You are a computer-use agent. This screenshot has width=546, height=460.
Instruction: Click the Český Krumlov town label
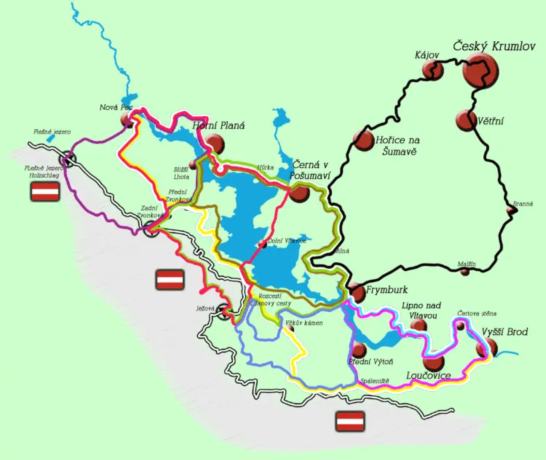click(x=494, y=46)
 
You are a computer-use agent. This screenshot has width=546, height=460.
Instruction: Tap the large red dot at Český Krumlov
click(x=480, y=71)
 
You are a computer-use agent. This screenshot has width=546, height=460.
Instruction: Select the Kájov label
click(x=427, y=55)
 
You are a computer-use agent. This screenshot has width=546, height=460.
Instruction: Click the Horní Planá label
click(x=219, y=125)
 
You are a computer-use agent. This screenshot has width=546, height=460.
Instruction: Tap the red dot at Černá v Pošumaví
click(x=299, y=193)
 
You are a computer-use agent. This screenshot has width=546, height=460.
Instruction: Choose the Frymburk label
click(x=386, y=290)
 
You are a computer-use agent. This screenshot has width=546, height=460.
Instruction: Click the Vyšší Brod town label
click(x=505, y=332)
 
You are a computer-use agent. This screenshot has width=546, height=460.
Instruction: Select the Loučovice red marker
click(x=433, y=362)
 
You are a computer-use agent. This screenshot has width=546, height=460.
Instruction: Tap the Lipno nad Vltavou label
click(x=421, y=310)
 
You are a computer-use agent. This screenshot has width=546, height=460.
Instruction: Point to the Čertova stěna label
click(x=476, y=313)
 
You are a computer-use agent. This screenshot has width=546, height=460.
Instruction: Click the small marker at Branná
click(x=511, y=210)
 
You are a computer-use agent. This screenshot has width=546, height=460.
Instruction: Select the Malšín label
click(x=466, y=264)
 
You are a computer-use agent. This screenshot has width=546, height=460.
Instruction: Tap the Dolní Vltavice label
click(x=287, y=241)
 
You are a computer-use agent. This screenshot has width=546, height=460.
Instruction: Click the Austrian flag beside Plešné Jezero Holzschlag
click(x=45, y=191)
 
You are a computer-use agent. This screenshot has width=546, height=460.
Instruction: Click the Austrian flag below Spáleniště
click(x=350, y=421)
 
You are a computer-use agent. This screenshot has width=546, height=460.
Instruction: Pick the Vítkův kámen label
click(x=304, y=323)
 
